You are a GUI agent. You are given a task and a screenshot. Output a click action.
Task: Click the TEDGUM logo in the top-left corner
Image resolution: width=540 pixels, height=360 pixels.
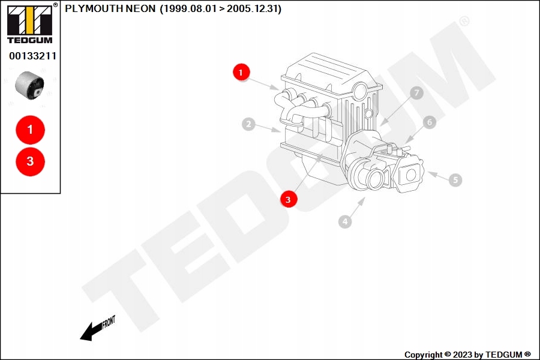point(29,23)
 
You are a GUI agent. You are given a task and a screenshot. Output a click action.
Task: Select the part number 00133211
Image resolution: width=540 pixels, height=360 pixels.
point(32,56)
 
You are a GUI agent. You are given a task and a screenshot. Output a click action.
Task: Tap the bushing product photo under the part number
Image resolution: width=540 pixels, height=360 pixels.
point(30,85)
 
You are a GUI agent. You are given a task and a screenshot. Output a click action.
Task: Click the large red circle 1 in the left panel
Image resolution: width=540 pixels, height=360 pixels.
point(30,129)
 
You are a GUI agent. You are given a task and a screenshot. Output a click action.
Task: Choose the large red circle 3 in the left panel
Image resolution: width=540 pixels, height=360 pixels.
point(30,161)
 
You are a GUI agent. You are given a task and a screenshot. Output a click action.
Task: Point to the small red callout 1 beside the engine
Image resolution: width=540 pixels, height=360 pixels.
point(241,73)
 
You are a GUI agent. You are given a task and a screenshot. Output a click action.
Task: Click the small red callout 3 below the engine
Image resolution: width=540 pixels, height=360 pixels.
point(289,199)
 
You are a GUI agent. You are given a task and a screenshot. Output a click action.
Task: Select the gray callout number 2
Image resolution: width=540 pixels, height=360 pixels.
point(248,125)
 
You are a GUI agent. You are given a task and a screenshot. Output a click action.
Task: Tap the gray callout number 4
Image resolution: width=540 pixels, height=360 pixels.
point(344,222)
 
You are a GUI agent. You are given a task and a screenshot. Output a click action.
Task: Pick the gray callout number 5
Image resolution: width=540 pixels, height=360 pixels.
point(455,179)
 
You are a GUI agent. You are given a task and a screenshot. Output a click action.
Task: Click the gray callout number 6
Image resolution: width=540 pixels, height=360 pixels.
point(429,122)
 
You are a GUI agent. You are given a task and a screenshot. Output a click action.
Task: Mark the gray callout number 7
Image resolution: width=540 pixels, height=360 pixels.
point(416,93)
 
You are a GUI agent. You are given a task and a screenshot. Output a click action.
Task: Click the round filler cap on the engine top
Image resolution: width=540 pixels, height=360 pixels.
point(359,91)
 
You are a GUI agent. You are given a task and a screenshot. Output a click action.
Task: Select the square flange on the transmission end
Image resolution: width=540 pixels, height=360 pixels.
point(410,175)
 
